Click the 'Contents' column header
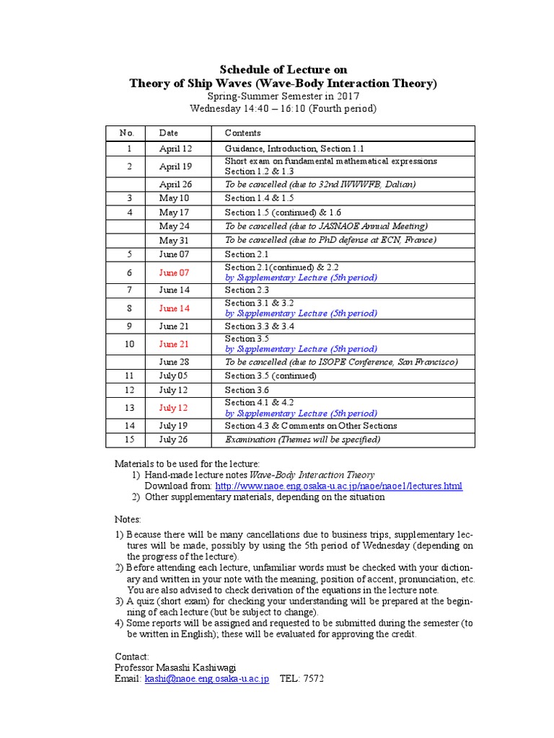coord(242,133)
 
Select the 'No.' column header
coord(128,133)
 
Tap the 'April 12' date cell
coord(175,148)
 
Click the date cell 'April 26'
coord(175,184)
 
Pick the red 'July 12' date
coord(172,408)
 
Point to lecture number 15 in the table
coord(129,440)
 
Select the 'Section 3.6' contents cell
coord(245,390)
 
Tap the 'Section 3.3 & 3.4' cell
coord(259,326)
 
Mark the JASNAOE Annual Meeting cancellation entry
coord(326,226)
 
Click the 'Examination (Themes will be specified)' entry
coord(302,440)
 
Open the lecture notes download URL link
coord(338,486)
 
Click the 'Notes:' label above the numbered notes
coord(128,519)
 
